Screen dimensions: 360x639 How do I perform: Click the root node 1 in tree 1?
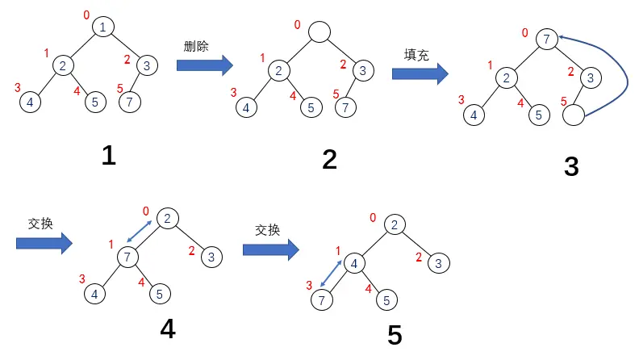[x=103, y=27]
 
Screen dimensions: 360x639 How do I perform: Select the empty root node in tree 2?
[x=319, y=32]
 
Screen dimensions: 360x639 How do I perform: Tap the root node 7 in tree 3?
[x=547, y=38]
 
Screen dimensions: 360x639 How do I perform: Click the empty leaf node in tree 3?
[x=573, y=116]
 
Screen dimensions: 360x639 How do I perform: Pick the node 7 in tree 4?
[x=127, y=257]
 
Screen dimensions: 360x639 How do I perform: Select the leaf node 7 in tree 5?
[x=321, y=301]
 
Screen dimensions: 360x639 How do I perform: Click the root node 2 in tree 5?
[x=394, y=225]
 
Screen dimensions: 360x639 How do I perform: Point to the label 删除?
[x=196, y=46]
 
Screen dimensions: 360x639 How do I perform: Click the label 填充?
[x=416, y=54]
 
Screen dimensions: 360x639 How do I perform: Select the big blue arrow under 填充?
[x=420, y=73]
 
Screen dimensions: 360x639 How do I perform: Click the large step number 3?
[x=571, y=166]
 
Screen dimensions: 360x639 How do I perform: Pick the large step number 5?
[x=395, y=335]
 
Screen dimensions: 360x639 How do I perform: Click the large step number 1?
[x=108, y=155]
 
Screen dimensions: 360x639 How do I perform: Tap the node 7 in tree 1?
[x=129, y=103]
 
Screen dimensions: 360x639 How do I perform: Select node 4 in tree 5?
[x=353, y=263]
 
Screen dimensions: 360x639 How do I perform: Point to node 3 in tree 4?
[x=211, y=257]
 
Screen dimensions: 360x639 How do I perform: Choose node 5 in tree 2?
[x=310, y=107]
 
